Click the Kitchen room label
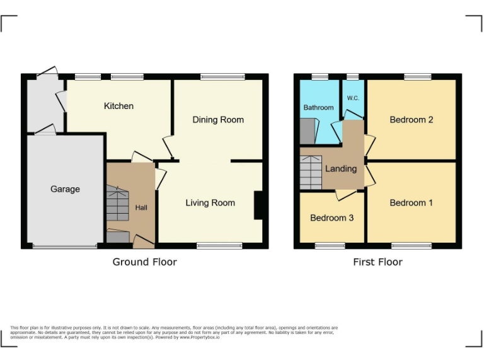[118, 106]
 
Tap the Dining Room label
[218, 120]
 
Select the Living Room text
[210, 203]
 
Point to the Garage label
[65, 189]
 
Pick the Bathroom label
[318, 108]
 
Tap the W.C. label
[352, 99]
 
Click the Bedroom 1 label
[411, 203]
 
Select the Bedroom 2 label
[411, 120]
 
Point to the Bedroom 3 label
[331, 218]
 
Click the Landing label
[340, 169]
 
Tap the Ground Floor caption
[144, 262]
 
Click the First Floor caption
[377, 262]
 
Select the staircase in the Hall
[117, 203]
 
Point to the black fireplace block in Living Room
[258, 205]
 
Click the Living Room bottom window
[219, 245]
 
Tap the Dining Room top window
[222, 77]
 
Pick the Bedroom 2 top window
[417, 77]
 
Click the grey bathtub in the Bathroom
[306, 131]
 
